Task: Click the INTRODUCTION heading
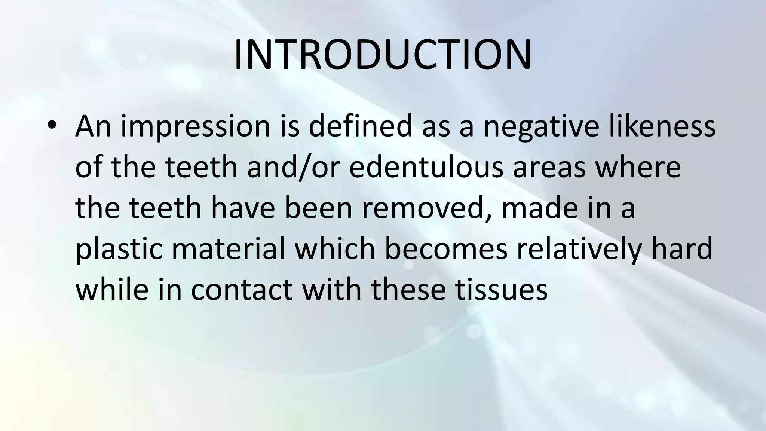382,55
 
